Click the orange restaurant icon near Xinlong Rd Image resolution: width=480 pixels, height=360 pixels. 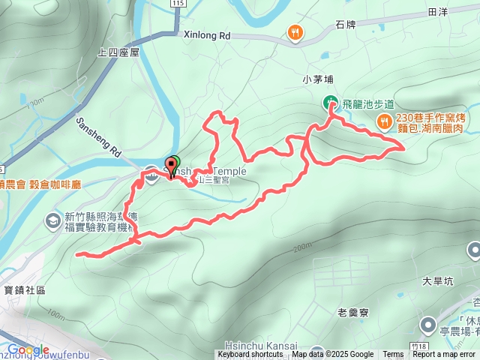[295, 32]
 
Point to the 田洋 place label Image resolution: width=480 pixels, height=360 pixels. [437, 13]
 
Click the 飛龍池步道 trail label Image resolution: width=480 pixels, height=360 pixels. [367, 103]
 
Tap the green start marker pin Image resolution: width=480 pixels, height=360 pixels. [172, 164]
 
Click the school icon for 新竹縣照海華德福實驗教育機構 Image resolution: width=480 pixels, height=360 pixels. [53, 220]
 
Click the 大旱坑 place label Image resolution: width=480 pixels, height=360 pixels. [438, 282]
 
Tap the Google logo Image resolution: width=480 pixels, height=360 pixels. [28, 349]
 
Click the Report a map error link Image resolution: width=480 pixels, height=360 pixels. [444, 355]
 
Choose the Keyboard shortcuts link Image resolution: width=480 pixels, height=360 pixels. [252, 355]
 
